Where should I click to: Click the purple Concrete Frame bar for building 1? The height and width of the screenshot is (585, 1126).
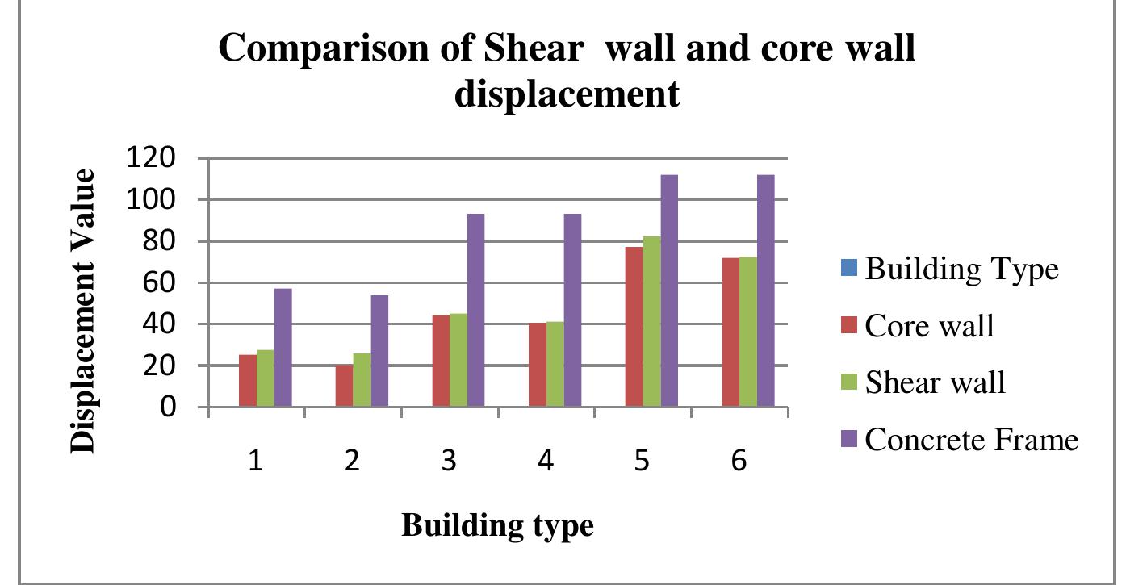[283, 348]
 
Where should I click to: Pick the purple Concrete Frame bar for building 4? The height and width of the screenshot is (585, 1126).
[572, 311]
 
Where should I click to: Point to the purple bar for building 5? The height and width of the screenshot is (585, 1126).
[669, 290]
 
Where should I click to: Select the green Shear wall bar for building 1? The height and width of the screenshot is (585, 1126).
[265, 378]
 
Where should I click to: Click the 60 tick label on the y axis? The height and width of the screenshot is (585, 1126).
[160, 283]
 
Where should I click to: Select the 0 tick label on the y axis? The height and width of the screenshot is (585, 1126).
[168, 407]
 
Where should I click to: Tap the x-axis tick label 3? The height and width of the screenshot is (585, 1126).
[450, 462]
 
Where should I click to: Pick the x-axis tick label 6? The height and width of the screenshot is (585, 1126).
[739, 462]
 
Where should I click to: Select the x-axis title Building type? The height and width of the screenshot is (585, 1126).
[497, 526]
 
